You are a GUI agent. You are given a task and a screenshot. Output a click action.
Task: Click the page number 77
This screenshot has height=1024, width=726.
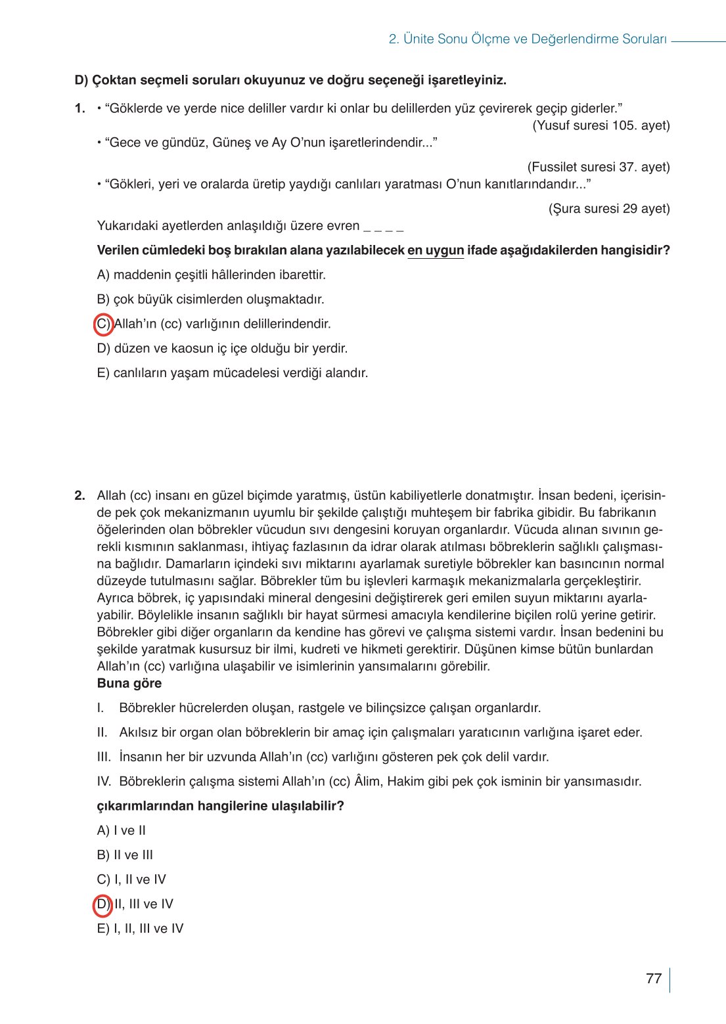coord(653,979)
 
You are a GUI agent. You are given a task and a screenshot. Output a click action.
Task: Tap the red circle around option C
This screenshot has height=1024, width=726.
coord(104,324)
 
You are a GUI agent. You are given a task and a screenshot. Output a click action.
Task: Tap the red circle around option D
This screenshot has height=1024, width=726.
coord(103,904)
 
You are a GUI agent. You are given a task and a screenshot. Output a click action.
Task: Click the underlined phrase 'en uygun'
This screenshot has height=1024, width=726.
coord(436,250)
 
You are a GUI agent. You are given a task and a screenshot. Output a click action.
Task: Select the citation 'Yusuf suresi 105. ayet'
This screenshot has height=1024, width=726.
coord(601,125)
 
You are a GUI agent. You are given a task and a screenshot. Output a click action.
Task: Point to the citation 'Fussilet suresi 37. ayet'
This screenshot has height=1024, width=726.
coord(599,167)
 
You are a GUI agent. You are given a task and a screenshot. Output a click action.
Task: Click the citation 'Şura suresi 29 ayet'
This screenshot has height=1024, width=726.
coord(609,209)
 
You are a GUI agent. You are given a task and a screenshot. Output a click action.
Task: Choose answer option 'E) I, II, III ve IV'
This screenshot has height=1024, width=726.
coord(140,929)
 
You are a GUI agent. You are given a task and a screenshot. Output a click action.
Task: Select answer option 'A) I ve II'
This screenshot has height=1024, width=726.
coord(122,831)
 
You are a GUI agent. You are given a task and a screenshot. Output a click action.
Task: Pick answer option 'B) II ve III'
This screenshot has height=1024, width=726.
coord(125,855)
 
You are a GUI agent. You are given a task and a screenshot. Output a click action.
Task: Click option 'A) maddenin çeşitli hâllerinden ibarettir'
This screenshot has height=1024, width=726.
coord(211,275)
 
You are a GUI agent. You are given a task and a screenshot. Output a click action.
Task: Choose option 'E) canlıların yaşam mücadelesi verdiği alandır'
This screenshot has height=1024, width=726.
coord(232,373)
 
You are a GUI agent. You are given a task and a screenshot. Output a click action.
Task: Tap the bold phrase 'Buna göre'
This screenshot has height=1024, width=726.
coord(129,684)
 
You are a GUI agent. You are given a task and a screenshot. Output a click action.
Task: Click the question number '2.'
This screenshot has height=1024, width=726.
coord(80,496)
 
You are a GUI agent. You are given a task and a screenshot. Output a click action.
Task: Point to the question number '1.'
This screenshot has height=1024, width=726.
coord(80,109)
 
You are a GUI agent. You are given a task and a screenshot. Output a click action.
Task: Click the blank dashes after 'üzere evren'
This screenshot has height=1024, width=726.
coord(383,227)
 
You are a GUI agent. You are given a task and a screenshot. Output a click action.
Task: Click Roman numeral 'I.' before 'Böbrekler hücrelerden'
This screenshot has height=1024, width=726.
coord(101,708)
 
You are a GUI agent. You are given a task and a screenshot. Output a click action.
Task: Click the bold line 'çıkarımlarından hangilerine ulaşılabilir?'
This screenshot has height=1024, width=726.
coord(220,806)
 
